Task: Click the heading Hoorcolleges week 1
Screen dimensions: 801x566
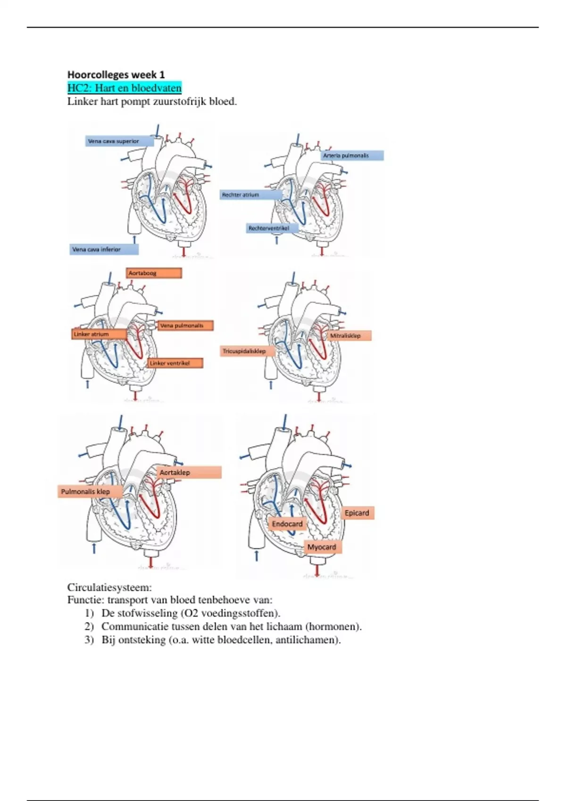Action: click(x=116, y=74)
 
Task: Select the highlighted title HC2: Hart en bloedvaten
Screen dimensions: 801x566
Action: click(x=125, y=88)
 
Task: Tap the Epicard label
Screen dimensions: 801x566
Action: click(x=357, y=513)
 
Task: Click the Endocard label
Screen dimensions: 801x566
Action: click(x=287, y=524)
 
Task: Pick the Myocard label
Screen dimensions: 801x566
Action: click(x=322, y=547)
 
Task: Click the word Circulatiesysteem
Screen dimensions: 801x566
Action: click(x=109, y=588)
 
